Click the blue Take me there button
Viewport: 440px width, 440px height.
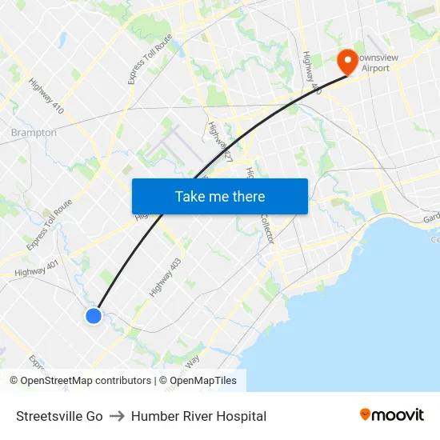coord(220,197)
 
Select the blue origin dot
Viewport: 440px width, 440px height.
coord(94,316)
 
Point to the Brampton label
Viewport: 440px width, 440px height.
coord(34,133)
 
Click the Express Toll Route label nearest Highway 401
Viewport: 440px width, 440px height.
coord(49,225)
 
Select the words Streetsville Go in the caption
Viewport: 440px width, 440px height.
coord(59,416)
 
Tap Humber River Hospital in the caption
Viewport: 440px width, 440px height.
coord(198,416)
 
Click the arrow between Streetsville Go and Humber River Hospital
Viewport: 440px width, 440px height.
coord(117,416)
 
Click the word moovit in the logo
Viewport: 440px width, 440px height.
coord(398,414)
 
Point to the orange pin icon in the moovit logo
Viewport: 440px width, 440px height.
coord(366,414)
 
